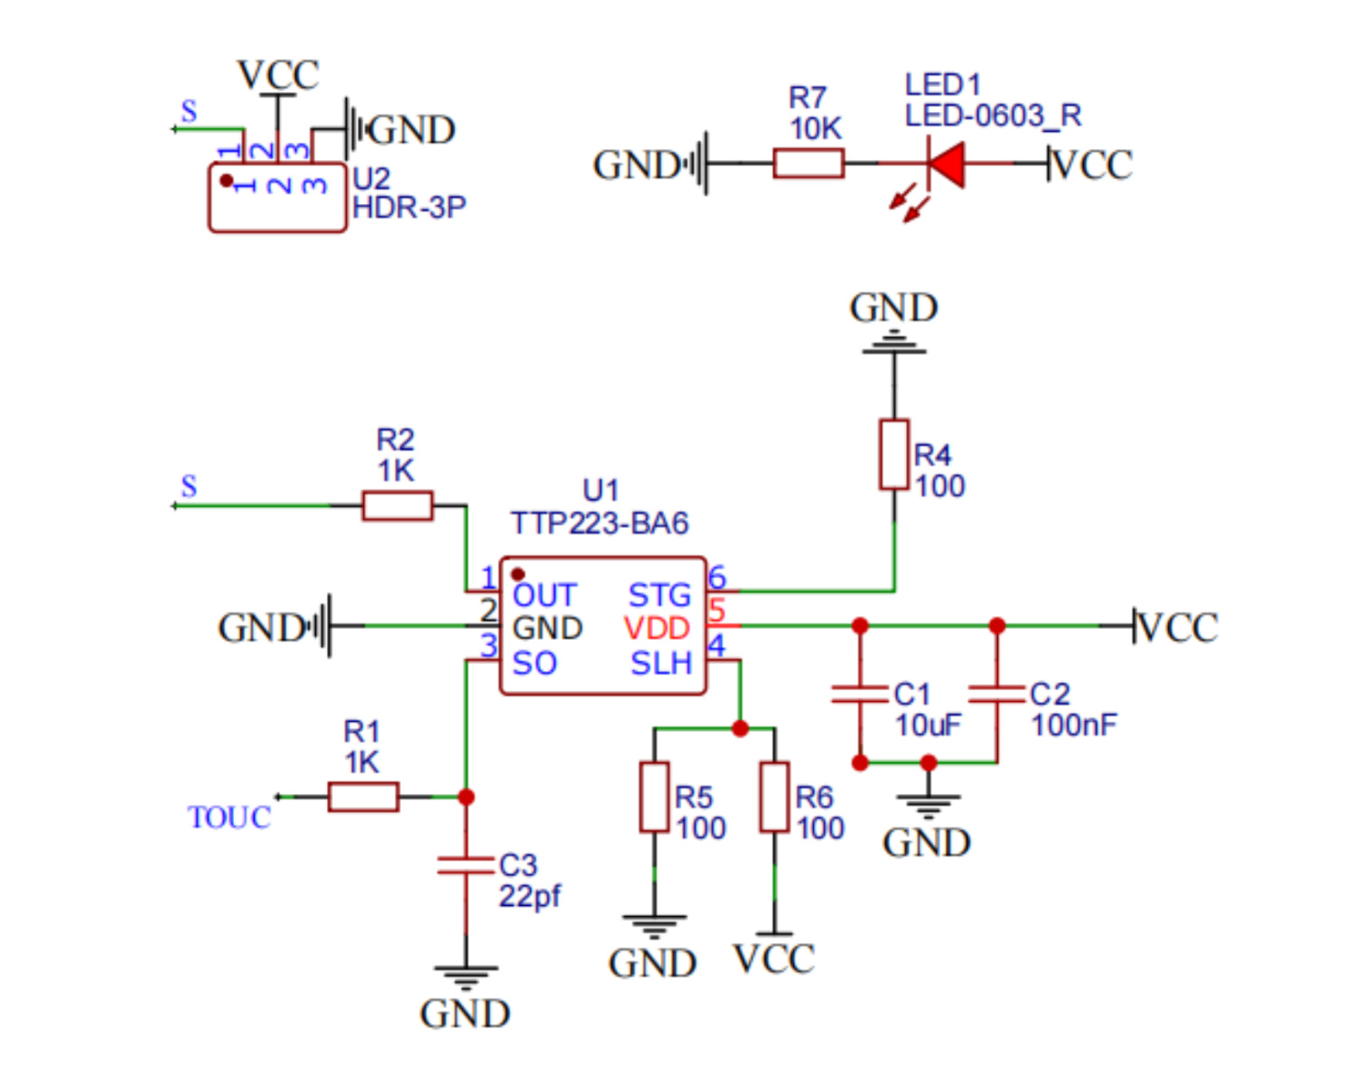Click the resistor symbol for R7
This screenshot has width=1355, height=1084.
tap(808, 164)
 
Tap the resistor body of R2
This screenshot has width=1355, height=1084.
tap(397, 505)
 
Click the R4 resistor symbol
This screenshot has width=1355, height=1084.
tap(894, 454)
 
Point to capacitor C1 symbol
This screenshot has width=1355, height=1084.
tap(860, 694)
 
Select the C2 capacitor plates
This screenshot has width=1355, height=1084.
tap(996, 694)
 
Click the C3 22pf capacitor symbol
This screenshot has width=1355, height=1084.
tap(466, 865)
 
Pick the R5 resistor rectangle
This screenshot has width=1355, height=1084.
tap(654, 797)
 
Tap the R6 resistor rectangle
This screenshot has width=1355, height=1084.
tap(774, 797)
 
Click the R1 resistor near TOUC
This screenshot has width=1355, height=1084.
tap(363, 797)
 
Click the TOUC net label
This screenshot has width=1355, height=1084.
tap(229, 818)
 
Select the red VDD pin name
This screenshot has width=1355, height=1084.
tap(657, 628)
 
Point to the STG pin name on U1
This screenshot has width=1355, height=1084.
tap(659, 595)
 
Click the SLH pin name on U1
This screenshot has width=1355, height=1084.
tap(661, 663)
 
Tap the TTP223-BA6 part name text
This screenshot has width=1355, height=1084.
tap(600, 523)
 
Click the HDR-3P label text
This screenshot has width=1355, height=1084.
tap(408, 208)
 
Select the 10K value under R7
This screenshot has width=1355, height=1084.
tap(816, 129)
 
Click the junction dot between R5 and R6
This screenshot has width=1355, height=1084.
tap(740, 728)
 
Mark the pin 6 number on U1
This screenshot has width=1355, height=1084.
tap(716, 577)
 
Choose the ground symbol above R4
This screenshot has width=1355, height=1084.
tap(894, 341)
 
